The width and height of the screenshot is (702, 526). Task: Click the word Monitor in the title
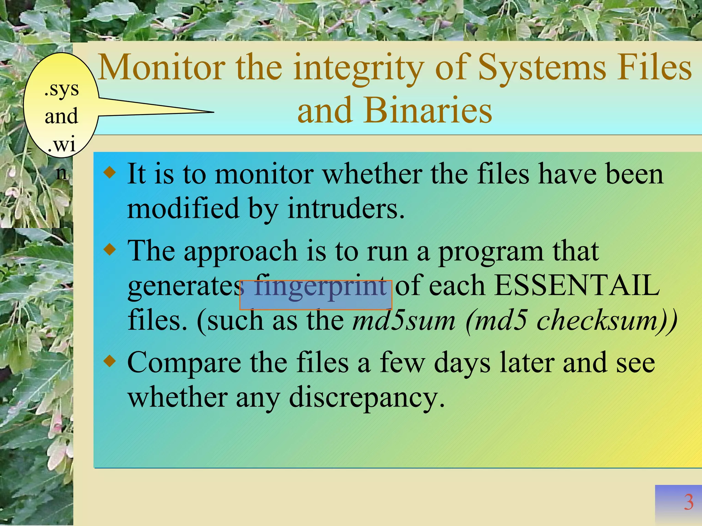pos(161,67)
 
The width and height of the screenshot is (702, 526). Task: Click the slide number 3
pos(689,502)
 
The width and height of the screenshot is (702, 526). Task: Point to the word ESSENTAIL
pos(577,285)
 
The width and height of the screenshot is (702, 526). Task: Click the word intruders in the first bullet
pos(346,208)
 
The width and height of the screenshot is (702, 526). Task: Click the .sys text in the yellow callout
pos(62,90)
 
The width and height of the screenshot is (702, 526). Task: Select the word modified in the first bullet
pos(183,208)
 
